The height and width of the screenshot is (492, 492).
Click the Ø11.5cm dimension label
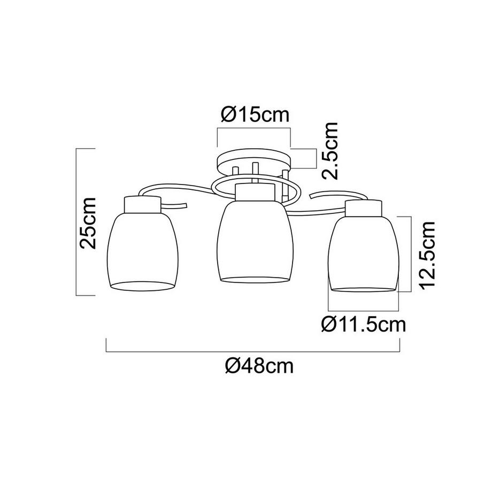coord(362,324)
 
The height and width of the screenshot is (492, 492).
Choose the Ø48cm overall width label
coord(259,366)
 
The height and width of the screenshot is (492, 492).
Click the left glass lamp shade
coord(142,249)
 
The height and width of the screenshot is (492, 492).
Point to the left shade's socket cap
coord(142,203)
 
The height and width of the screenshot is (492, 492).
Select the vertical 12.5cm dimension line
coord(410,253)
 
